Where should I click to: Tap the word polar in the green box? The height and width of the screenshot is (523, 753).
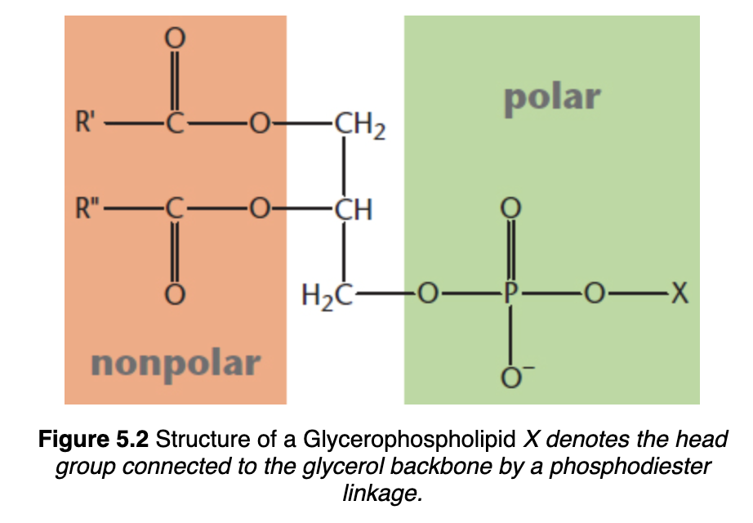coord(552,97)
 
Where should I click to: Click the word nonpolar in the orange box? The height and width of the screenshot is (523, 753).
coord(176,362)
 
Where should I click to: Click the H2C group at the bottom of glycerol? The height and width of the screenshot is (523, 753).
coord(328,293)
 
